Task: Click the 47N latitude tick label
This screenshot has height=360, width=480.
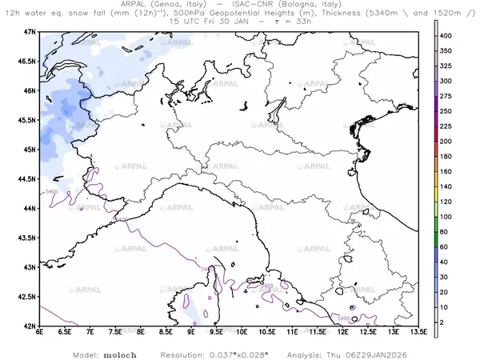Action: pos(30,31)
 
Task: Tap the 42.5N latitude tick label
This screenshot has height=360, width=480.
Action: pos(27,297)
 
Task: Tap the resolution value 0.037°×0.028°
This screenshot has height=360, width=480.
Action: pos(238,352)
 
